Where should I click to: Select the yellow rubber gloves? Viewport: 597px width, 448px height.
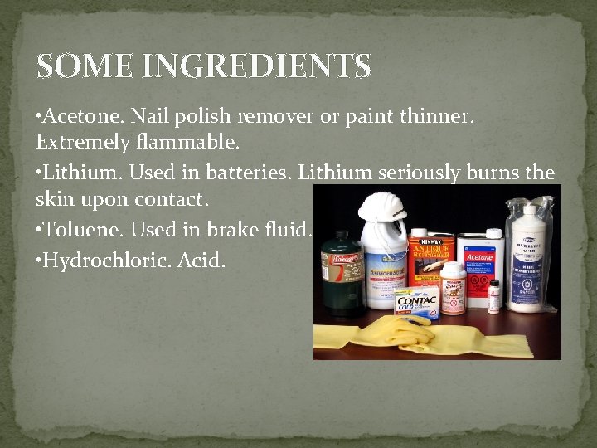(x=431, y=336)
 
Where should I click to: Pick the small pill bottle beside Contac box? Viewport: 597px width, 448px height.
(x=453, y=287)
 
